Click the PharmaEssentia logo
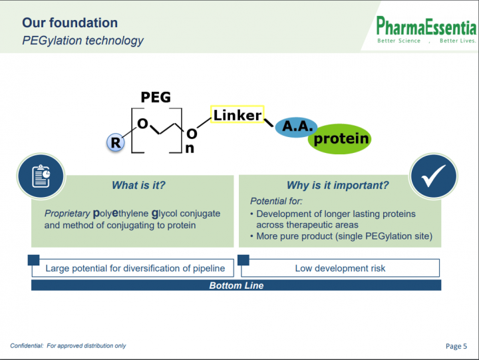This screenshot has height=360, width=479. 426,30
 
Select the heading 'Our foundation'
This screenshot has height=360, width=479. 70,23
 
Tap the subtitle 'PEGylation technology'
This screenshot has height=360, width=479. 82,41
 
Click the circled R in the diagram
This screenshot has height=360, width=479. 116,142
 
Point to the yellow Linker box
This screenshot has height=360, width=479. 238,114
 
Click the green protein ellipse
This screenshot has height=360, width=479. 340,139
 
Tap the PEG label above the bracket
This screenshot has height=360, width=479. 156,97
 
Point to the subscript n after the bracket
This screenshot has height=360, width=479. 190,148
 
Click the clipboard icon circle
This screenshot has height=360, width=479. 41,176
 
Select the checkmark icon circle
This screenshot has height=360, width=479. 434,176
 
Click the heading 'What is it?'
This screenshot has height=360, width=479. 138,185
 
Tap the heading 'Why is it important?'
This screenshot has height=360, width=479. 337,185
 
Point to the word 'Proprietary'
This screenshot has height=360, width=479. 67,214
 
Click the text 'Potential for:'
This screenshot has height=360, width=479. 276,201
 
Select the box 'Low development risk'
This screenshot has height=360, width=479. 341,268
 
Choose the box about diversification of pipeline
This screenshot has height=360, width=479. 133,268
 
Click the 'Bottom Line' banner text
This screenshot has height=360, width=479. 236,285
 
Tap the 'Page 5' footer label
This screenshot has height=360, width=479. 456,346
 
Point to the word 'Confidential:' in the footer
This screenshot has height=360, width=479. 27,345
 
